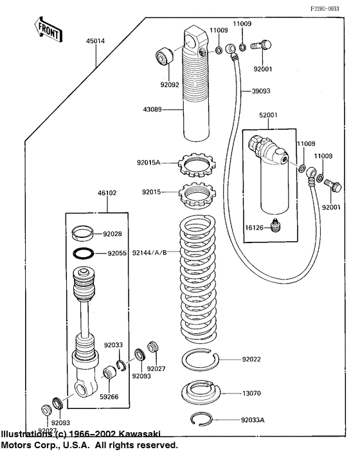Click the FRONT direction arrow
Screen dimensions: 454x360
(48, 29)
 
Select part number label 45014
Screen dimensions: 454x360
(96, 40)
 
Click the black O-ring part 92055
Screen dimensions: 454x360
(85, 253)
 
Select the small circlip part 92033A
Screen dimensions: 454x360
(208, 419)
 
